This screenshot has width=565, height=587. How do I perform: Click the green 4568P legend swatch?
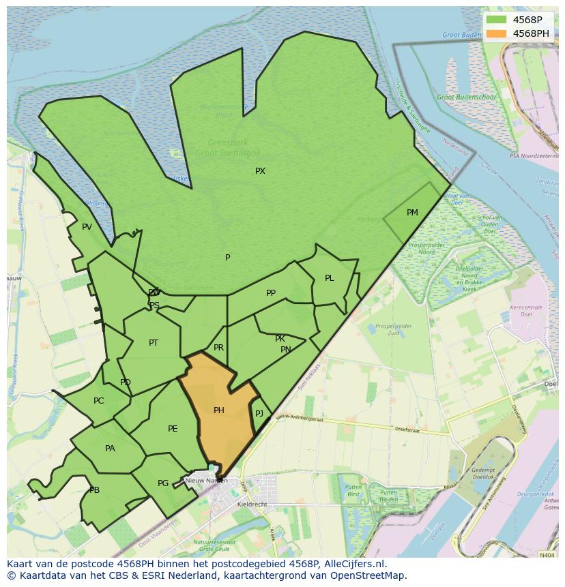[496, 20]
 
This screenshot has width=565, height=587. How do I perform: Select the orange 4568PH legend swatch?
[496, 33]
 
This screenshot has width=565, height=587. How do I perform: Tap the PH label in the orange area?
[219, 410]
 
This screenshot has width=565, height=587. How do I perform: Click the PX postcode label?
[260, 171]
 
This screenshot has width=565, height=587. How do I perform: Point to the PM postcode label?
[412, 213]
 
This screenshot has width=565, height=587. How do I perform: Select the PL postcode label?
[330, 278]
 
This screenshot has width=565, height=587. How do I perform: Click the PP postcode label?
[271, 293]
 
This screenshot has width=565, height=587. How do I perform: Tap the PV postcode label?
[87, 227]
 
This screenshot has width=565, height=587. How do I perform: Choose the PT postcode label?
[154, 343]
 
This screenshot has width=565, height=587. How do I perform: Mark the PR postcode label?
[218, 348]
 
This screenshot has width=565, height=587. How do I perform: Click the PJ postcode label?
[259, 414]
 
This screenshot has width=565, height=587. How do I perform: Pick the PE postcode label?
[173, 429]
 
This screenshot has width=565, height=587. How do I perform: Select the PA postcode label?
[110, 449]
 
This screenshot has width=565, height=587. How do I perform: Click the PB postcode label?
[94, 490]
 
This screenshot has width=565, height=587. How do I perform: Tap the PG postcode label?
[163, 483]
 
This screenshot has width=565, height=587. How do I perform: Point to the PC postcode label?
[99, 401]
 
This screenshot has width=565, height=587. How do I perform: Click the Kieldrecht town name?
[252, 505]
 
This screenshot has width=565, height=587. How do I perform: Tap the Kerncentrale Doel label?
[525, 312]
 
